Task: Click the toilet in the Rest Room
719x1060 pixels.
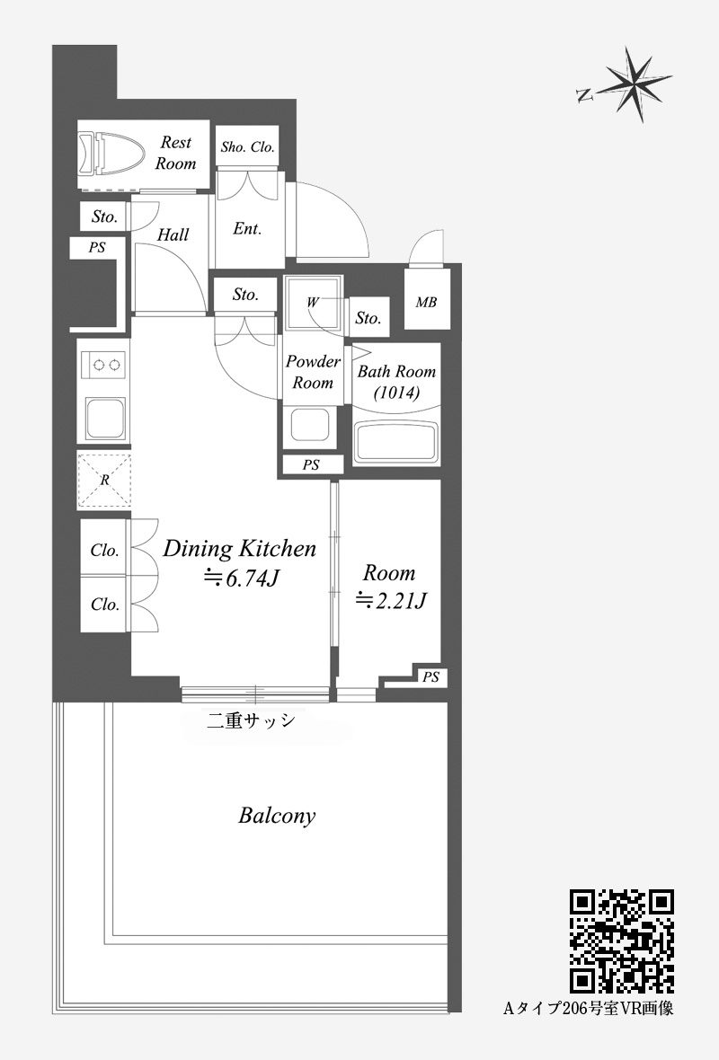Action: (x=111, y=154)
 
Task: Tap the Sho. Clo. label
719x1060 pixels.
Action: (x=247, y=146)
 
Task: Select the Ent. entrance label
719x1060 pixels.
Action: (x=247, y=228)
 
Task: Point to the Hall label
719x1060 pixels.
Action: (x=173, y=234)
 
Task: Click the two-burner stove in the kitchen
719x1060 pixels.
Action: (x=103, y=365)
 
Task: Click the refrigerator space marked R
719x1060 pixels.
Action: (x=104, y=480)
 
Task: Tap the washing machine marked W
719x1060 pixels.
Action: (x=313, y=302)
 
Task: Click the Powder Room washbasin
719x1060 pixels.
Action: (x=310, y=425)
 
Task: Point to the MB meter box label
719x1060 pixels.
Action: (x=426, y=302)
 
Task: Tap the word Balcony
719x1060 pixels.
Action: (x=278, y=816)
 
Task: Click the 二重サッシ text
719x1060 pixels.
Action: (x=251, y=720)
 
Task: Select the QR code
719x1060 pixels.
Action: (x=622, y=941)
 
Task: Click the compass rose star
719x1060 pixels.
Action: (x=637, y=84)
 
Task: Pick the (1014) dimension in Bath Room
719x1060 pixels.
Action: (x=396, y=392)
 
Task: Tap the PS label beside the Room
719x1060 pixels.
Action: (x=431, y=676)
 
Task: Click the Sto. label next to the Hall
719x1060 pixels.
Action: (x=104, y=216)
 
